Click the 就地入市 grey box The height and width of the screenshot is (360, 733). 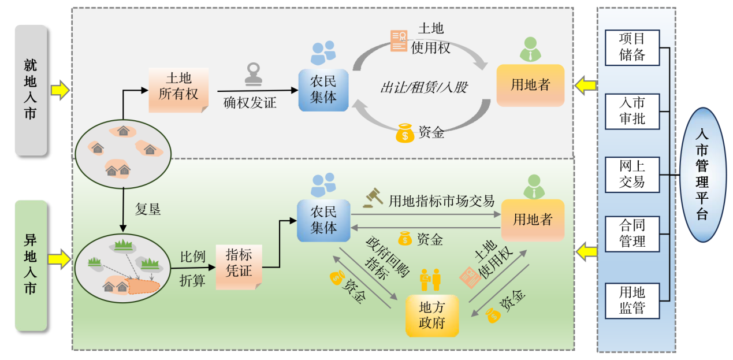31,90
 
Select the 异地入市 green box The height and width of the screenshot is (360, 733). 31,265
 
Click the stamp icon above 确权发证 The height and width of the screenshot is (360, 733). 253,73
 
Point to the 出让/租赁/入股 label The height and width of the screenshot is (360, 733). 423,88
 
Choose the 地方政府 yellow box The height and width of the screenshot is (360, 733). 432,316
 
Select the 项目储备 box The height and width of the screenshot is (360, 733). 632,47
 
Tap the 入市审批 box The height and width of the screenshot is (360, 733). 632,111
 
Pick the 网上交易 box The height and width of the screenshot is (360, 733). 632,174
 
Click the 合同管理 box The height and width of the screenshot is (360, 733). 632,233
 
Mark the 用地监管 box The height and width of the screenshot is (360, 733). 632,300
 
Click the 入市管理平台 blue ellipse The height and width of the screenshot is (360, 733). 702,175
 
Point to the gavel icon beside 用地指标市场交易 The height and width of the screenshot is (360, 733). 373,198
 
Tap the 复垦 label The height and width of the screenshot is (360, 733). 148,209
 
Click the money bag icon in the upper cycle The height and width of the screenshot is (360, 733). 405,133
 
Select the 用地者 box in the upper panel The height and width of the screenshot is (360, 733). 530,86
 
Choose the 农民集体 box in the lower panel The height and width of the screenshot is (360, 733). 323,220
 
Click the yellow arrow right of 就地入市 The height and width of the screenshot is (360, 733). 59,90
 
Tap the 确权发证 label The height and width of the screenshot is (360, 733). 250,103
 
